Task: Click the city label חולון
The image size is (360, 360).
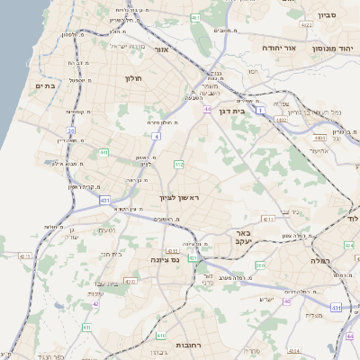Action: [x=134, y=78]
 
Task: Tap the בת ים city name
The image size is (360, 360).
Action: [x=44, y=85]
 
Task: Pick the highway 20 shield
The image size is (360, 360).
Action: [x=70, y=131]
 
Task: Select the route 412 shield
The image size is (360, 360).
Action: [x=179, y=164]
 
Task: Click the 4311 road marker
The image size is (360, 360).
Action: [x=267, y=219]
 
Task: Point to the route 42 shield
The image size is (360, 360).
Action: [x=95, y=303]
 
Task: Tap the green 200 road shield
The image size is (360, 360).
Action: [x=261, y=265]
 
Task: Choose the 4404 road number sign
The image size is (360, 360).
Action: [x=319, y=138]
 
